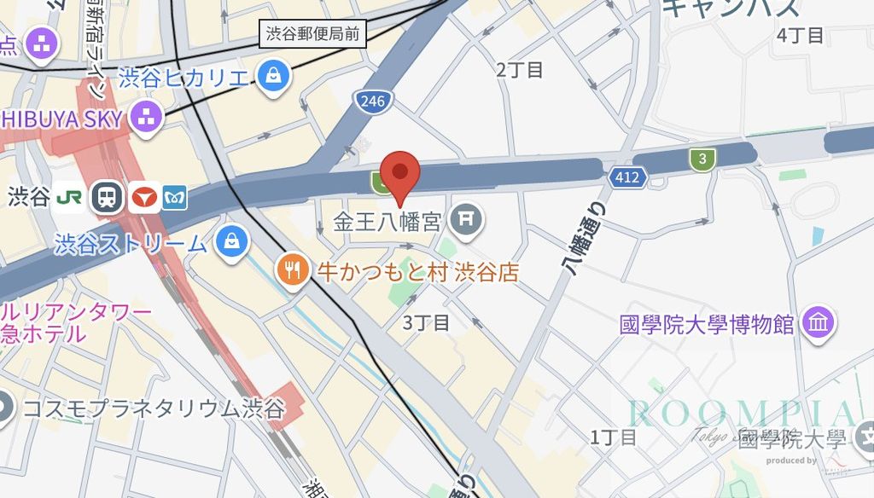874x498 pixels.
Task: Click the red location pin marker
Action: point(399,171)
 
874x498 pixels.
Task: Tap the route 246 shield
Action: point(373,101)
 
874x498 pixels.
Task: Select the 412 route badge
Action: point(628,177)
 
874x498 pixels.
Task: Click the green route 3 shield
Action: point(702,158)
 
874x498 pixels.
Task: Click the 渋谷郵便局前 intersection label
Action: point(312,35)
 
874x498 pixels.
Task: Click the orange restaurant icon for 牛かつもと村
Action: point(292,271)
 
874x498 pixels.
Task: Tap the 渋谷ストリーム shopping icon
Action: point(231,242)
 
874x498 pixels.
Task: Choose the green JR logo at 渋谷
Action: point(70,197)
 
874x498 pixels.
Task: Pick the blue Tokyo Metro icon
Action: point(173,197)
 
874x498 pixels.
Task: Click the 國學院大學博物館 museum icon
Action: point(819,323)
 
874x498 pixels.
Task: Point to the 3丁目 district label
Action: point(426,321)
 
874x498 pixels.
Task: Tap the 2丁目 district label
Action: point(520,70)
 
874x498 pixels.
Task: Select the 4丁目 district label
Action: point(801,35)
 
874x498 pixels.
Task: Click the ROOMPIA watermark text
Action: point(740,414)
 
